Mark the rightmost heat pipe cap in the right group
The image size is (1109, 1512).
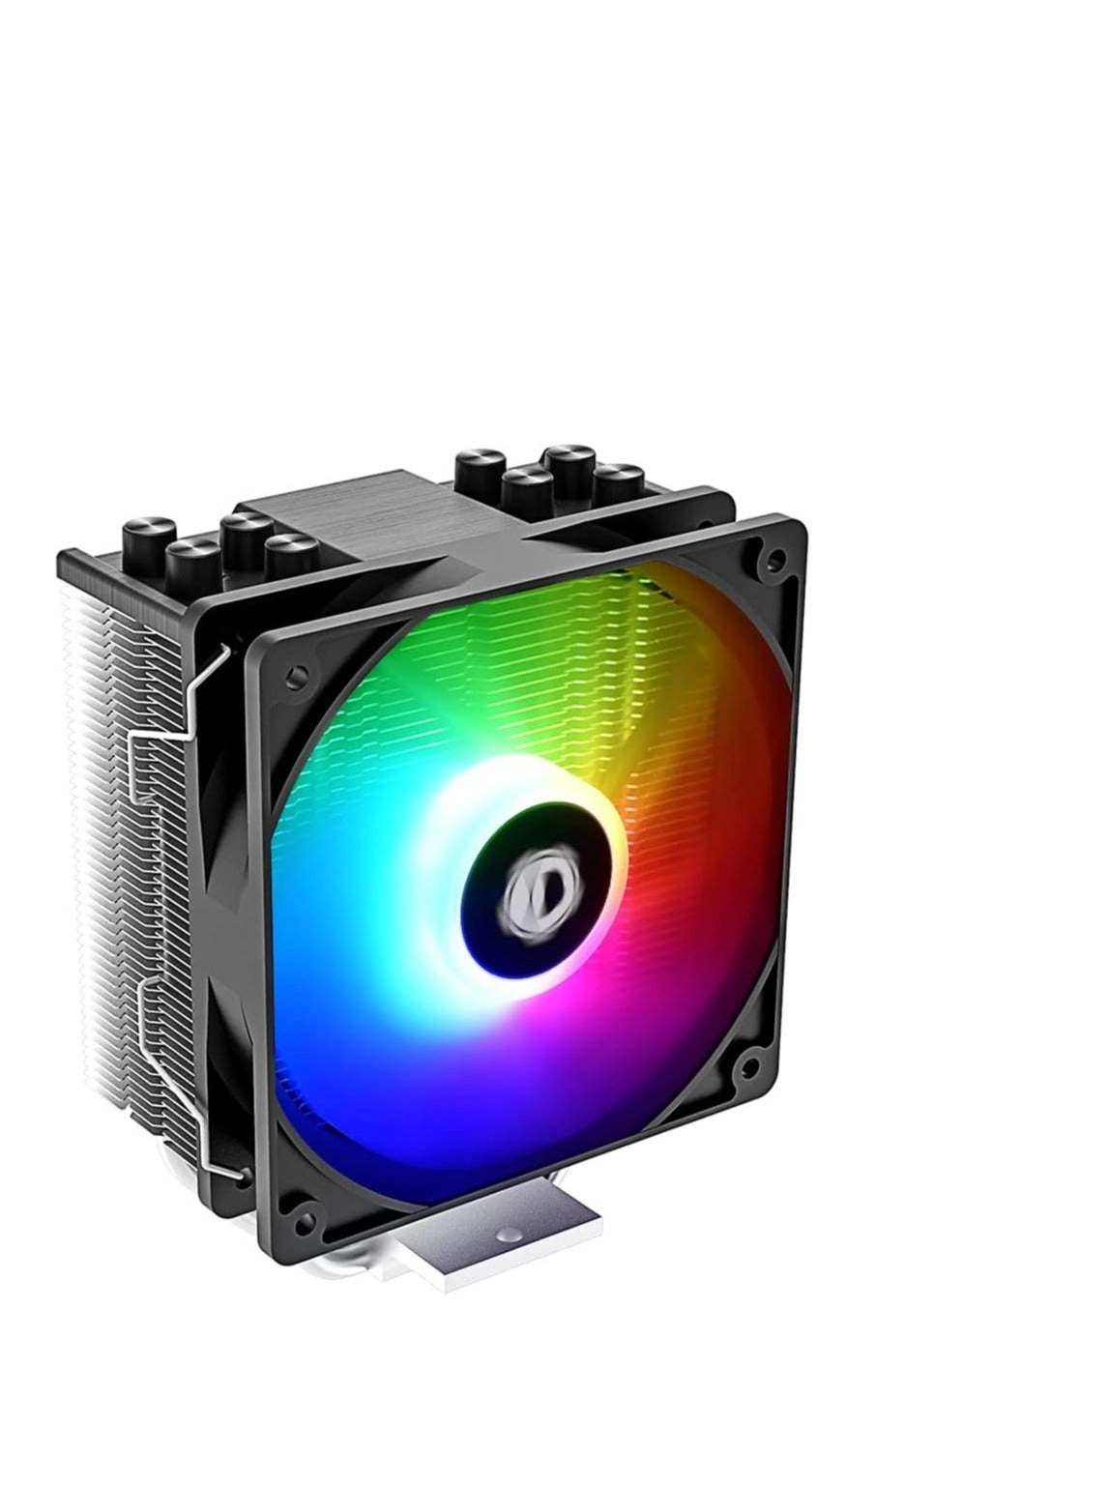coord(619,480)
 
